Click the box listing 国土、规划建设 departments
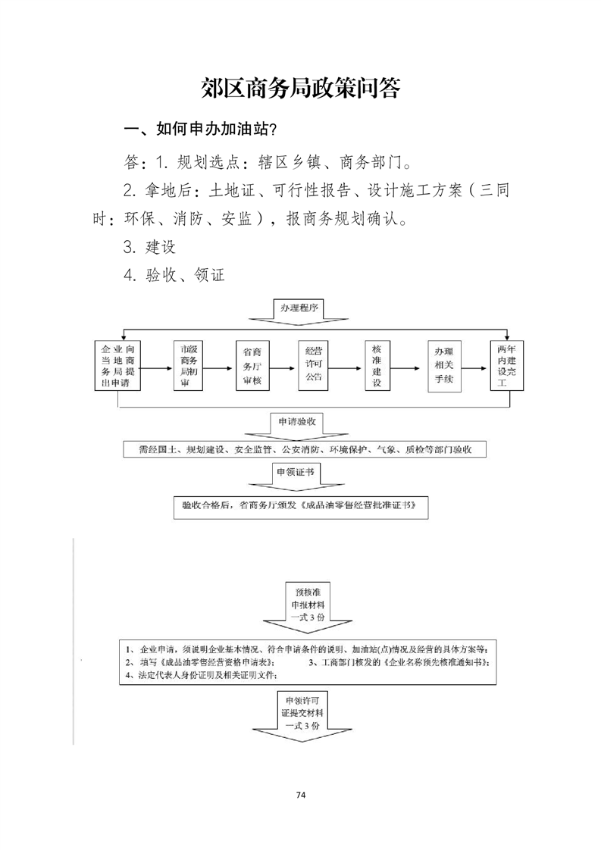coord(300,450)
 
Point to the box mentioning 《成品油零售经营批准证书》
coord(301,505)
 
